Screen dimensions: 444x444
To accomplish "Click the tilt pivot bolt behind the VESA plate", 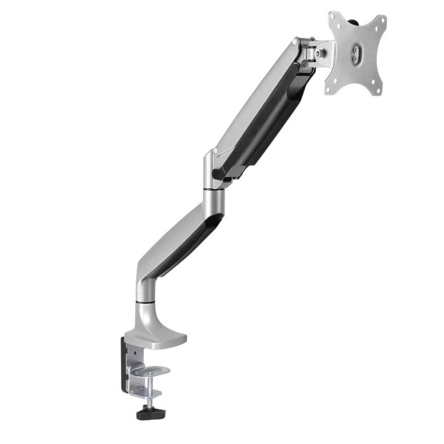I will (318, 55).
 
